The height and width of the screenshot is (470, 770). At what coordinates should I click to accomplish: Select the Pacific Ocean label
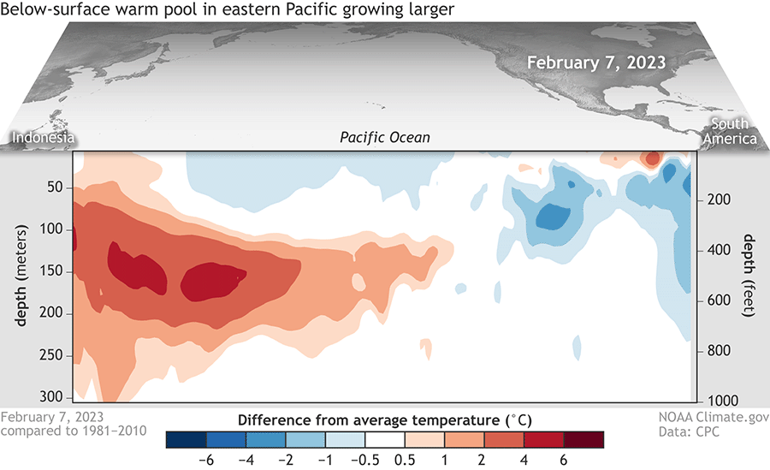coord(384,137)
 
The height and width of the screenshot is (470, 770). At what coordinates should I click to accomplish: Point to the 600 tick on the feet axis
coord(718,300)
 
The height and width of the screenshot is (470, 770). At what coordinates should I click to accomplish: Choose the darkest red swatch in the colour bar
coord(583,439)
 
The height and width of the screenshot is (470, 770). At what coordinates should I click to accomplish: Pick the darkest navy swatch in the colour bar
coord(185,439)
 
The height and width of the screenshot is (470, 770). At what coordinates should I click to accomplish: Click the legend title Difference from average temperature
coord(384,420)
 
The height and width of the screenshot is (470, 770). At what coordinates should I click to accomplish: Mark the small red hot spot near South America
coord(652,159)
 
